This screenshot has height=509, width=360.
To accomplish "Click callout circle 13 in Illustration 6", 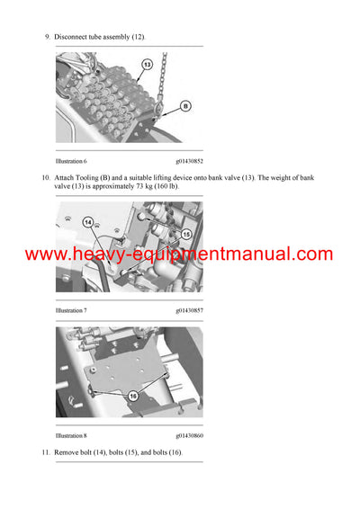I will coord(146,64).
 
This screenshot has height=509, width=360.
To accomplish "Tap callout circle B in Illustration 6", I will coord(184,105).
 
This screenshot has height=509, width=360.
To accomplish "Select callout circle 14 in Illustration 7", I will coord(88,221).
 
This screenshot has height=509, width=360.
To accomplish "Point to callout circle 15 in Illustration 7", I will coord(186,234).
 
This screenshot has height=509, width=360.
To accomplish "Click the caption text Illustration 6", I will coord(73,160).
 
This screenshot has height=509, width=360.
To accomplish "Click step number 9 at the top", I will coord(47,36).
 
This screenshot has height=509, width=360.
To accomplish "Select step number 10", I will coord(46,177).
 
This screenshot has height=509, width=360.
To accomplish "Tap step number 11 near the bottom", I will coord(46,451).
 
